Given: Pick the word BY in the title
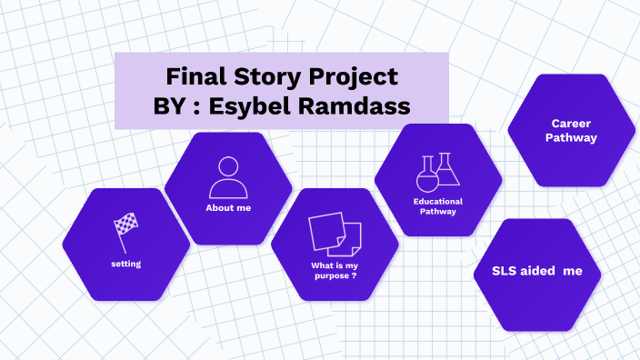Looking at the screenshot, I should coord(172,105).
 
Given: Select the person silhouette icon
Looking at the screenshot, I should coord(228,177).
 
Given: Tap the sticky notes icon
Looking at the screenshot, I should coord(334,235).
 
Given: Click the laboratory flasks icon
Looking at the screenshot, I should coord(437,173).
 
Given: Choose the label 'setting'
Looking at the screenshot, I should coord(125,264).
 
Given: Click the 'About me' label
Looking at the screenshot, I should coord(228,208).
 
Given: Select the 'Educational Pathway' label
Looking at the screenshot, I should coord(437,206).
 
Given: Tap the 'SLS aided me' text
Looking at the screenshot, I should coord(536,271).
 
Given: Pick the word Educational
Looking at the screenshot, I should coord(437,201).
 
